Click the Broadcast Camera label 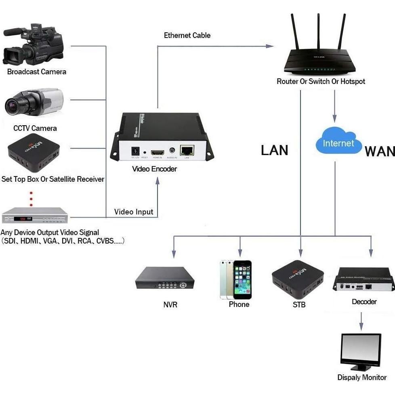36,72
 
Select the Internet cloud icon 338,143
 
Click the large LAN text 275,150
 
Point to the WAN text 380,151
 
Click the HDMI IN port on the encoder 157,153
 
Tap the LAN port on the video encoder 187,151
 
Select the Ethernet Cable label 187,36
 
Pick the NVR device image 164,279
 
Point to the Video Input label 134,212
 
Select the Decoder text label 364,302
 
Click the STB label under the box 299,305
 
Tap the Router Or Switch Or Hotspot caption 321,82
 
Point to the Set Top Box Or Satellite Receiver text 53,179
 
